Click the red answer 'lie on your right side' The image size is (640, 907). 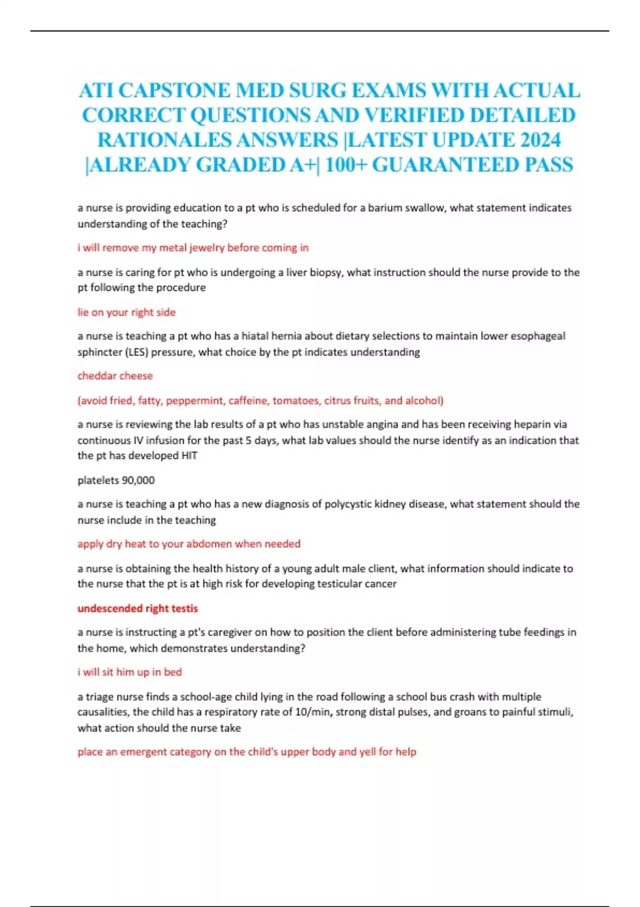pyautogui.click(x=126, y=312)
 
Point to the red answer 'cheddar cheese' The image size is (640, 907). pyautogui.click(x=115, y=376)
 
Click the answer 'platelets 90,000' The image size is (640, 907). pyautogui.click(x=116, y=480)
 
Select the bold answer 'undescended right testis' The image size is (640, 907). pyautogui.click(x=138, y=608)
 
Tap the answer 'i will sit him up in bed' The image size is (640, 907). pyautogui.click(x=130, y=672)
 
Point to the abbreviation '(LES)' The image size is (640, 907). pyautogui.click(x=124, y=352)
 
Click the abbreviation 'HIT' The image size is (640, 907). pyautogui.click(x=189, y=456)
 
